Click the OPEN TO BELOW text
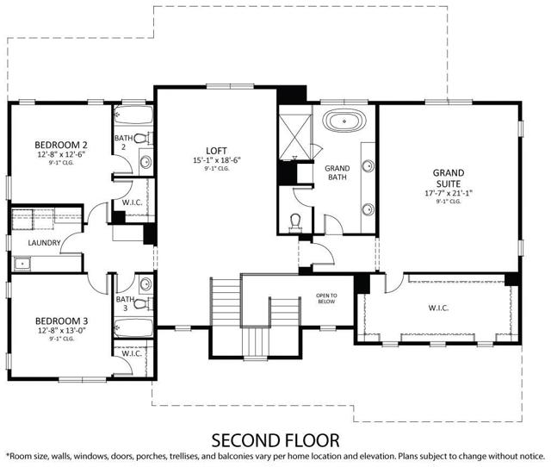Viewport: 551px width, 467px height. [326, 299]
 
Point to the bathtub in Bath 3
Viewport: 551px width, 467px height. [133, 327]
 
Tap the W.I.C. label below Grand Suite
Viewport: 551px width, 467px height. [438, 308]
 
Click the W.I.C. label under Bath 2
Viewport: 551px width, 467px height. [132, 203]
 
